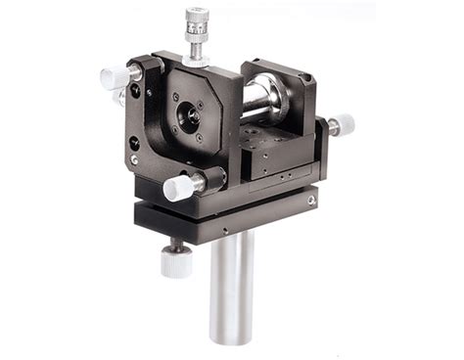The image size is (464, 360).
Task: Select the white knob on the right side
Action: tap(342, 125)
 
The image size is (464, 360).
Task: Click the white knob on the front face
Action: tap(179, 186)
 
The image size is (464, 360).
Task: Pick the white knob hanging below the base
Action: tap(175, 261)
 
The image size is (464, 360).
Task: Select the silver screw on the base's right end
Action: tap(310, 200)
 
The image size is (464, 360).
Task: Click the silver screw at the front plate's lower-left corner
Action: tap(134, 159)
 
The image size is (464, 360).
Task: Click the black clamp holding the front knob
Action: tap(210, 179)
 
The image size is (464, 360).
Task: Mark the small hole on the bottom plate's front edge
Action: tap(223, 232)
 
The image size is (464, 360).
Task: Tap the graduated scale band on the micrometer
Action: tap(198, 41)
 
